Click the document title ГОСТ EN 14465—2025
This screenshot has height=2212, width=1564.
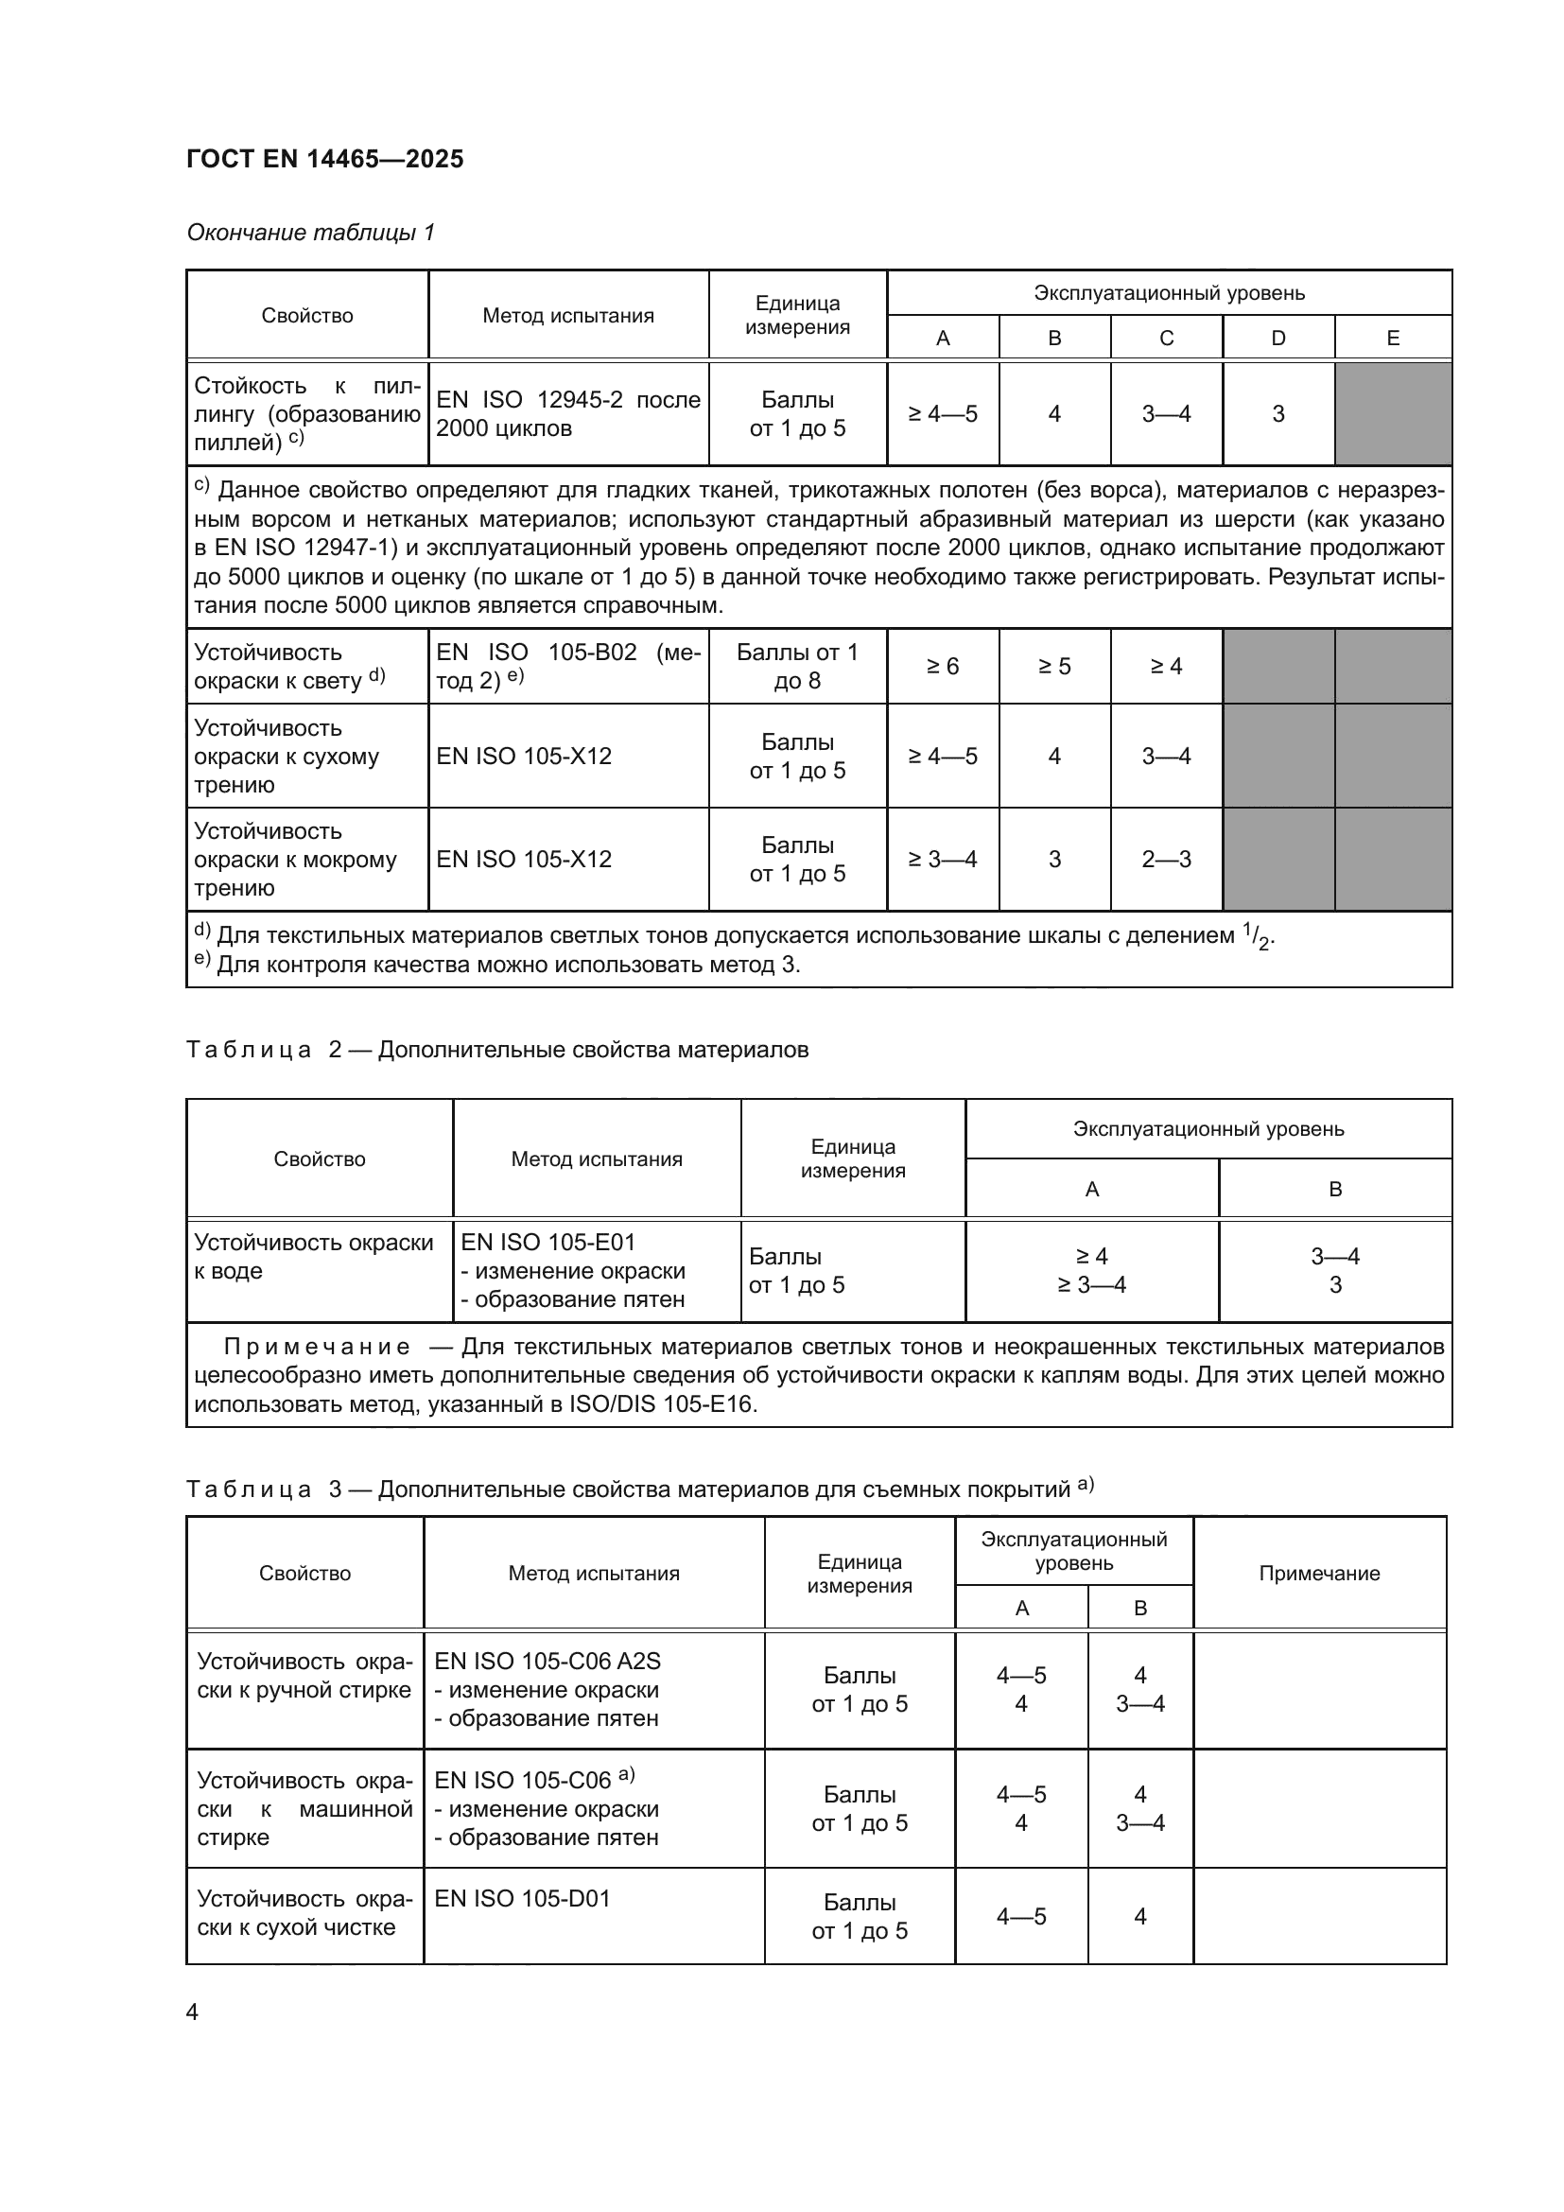(324, 159)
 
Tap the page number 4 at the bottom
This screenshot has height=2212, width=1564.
(193, 2012)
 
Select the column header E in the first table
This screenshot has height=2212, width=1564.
(1392, 339)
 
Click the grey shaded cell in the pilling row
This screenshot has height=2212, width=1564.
(1392, 414)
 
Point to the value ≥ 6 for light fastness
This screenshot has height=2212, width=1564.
(942, 667)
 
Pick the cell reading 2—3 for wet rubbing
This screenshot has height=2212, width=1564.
(1166, 860)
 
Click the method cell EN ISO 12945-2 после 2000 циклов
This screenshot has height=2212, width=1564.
(567, 414)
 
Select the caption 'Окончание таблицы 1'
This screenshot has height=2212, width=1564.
(310, 233)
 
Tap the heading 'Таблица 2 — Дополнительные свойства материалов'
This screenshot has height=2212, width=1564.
(497, 1050)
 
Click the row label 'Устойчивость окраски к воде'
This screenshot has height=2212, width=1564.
(313, 1256)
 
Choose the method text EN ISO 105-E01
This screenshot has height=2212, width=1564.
(548, 1243)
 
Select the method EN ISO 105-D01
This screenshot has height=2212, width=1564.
(522, 1899)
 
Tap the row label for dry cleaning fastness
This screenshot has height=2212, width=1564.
(304, 1913)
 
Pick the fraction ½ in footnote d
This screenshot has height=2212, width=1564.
(1259, 935)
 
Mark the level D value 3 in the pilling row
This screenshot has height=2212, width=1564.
(1278, 414)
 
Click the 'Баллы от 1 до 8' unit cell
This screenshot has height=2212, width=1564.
(796, 667)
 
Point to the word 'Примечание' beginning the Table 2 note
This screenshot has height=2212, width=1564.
(317, 1347)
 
